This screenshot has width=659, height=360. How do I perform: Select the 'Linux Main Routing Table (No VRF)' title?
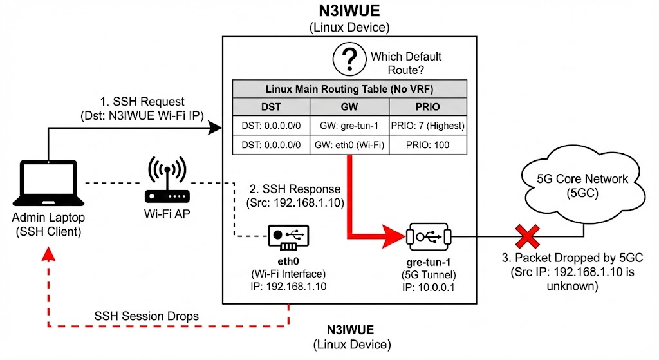[349, 89]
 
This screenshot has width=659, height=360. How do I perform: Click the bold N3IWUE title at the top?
[349, 12]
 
